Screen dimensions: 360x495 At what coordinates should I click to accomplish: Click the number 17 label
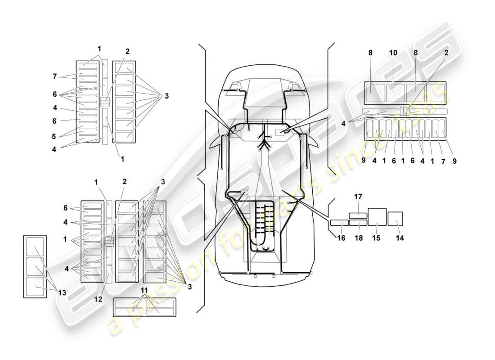[358, 197]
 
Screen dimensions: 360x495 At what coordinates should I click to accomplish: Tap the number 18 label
[358, 238]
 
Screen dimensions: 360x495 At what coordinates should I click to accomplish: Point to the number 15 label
[376, 238]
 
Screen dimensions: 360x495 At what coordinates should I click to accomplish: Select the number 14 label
[400, 238]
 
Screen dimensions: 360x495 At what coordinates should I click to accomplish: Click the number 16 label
[341, 238]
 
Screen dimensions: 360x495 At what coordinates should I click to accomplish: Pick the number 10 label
[393, 53]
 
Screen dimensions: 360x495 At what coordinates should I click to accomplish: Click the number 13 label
[62, 292]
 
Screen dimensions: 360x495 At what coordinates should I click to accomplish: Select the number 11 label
[144, 290]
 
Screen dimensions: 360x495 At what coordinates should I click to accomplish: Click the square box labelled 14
[395, 218]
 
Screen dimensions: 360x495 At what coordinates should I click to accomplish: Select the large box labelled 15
[378, 216]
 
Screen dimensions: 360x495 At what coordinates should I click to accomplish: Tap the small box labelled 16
[339, 222]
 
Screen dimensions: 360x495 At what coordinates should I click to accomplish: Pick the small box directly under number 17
[358, 215]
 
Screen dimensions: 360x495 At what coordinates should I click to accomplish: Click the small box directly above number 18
[358, 222]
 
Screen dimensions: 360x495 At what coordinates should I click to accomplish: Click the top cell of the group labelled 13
[35, 247]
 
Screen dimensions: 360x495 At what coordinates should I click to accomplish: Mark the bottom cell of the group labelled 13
[35, 286]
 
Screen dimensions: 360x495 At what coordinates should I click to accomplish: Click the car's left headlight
[234, 86]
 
